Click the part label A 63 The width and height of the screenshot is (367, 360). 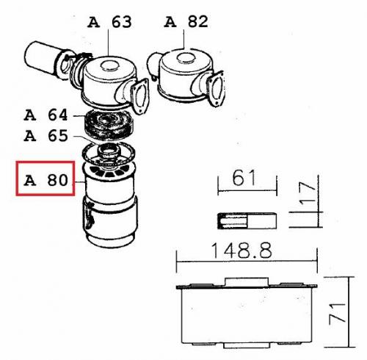109,22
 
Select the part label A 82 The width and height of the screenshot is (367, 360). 186,21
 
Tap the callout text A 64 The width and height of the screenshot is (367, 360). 46,115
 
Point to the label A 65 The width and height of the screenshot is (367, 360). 46,136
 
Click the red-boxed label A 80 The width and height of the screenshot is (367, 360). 46,180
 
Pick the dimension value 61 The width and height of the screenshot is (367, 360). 244,178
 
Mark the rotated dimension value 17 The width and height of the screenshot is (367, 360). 308,193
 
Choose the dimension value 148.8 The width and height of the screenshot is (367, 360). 241,251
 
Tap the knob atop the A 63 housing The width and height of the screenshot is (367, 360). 109,65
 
